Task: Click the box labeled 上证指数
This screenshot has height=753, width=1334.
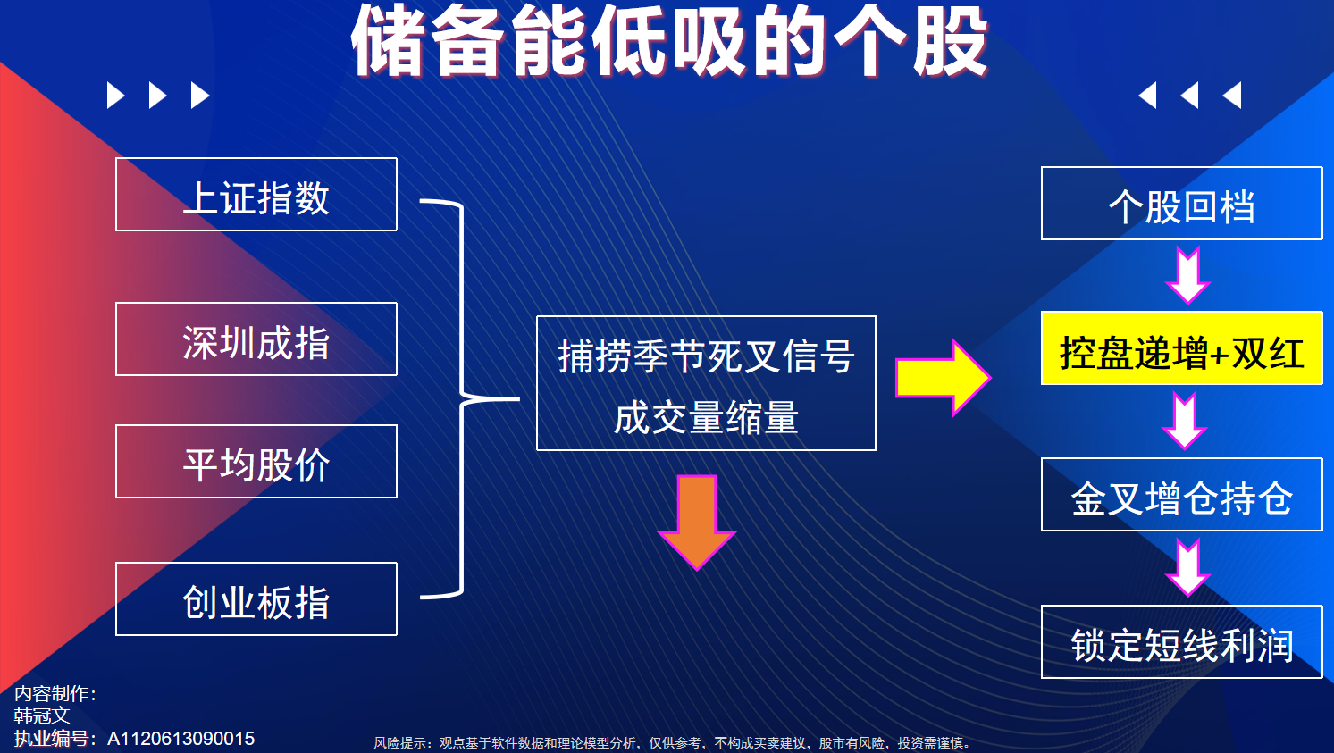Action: point(256,194)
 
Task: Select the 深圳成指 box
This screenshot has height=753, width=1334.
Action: point(256,339)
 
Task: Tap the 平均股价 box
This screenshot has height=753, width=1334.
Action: point(256,461)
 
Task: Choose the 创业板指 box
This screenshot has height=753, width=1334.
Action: point(256,598)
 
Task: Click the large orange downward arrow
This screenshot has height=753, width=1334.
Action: point(697,522)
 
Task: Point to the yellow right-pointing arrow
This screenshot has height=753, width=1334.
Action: point(944,377)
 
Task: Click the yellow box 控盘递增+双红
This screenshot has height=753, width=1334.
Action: point(1181,347)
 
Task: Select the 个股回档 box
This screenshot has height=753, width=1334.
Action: point(1181,204)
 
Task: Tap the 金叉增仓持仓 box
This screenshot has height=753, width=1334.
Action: point(1181,495)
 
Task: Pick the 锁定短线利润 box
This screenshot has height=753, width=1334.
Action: point(1181,641)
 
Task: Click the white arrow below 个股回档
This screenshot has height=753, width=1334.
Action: point(1187,275)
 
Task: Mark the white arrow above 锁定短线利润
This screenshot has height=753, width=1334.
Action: point(1187,567)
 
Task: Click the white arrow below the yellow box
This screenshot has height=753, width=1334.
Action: point(1185,420)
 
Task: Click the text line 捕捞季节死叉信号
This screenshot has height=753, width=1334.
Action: point(706,356)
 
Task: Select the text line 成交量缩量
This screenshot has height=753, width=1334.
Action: point(706,417)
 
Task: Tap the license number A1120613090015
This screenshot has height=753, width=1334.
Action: point(181,739)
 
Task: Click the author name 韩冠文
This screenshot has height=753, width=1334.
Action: point(42,715)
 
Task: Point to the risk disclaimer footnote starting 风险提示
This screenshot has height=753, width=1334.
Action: point(673,743)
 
